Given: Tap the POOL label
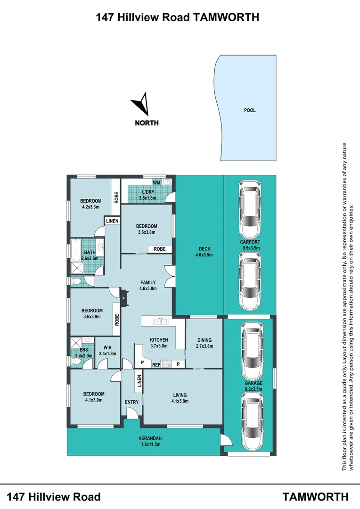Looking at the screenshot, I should (x=249, y=110).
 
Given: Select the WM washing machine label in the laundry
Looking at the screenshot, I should (x=156, y=182).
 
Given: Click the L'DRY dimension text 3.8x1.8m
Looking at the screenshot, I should (x=147, y=198).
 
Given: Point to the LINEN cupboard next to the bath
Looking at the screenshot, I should (x=112, y=221).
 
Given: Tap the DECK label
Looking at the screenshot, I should (x=204, y=249).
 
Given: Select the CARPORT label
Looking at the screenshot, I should (x=250, y=242).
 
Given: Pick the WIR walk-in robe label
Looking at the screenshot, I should (x=107, y=348).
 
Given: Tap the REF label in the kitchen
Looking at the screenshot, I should (x=155, y=364).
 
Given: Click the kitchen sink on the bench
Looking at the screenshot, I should (x=161, y=322).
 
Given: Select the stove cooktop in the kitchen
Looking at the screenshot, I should (x=167, y=364).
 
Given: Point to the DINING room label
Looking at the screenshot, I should (x=204, y=340).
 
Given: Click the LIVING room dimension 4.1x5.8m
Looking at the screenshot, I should (x=180, y=402).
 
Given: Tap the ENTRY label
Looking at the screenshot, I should (x=131, y=402).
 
